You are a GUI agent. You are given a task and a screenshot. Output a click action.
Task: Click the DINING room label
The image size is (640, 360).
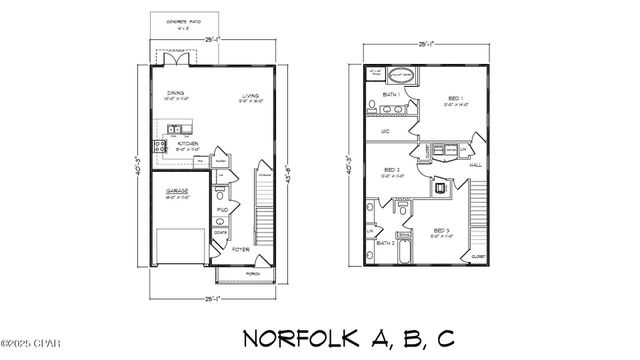point(175,93)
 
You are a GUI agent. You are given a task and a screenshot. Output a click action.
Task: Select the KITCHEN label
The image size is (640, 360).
point(188,144)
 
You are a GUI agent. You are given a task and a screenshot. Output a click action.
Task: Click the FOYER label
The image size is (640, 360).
point(241,251)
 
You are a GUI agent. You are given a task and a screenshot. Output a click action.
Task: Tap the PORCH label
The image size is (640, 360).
point(251,271)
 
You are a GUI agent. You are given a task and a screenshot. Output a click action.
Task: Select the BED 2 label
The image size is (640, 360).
point(392,169)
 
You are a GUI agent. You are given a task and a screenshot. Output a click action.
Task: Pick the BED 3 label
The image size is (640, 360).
point(441,232)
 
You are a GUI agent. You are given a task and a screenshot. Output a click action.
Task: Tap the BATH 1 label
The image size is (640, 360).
point(391,94)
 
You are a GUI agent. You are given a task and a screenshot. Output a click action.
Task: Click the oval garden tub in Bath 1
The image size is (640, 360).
point(401,74)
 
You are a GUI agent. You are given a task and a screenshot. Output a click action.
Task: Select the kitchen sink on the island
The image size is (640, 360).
point(175,127)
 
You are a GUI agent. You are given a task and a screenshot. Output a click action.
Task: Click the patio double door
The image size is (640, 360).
point(178,59)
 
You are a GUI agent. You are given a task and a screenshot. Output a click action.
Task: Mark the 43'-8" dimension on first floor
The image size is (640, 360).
point(286,165)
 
